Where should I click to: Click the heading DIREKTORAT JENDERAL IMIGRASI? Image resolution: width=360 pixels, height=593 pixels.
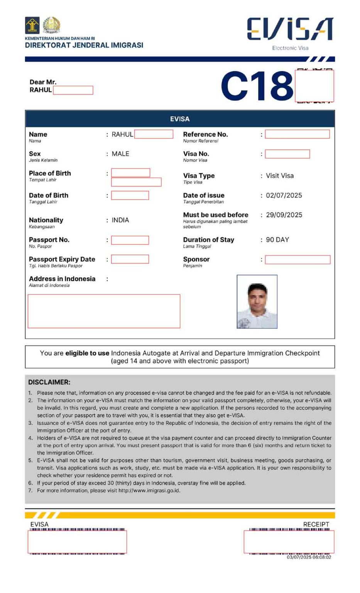84,45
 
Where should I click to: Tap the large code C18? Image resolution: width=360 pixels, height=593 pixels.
257,86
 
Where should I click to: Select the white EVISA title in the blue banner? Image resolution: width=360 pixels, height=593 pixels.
180,119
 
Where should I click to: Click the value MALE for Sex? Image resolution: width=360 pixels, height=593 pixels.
120,154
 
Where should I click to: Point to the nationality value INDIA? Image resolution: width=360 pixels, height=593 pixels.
120,220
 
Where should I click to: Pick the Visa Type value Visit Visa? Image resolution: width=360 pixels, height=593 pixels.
280,176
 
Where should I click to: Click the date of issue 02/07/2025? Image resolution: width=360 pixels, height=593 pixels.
284,195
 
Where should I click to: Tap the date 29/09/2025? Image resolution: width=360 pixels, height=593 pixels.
284,215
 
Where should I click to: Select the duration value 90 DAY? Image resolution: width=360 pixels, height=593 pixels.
277,240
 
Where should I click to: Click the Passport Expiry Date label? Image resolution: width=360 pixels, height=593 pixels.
62,259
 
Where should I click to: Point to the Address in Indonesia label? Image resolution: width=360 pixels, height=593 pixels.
62,279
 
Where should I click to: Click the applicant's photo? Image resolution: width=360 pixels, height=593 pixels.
257,302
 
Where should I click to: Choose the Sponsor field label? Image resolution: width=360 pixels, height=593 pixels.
196,259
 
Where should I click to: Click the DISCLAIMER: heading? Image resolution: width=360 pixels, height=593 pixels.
49,382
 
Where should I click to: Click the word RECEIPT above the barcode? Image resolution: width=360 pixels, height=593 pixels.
316,524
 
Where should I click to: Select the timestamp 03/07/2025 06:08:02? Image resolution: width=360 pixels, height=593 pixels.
309,557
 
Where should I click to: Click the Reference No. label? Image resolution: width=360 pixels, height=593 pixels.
205,134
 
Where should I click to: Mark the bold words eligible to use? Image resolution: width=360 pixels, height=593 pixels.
87,353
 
